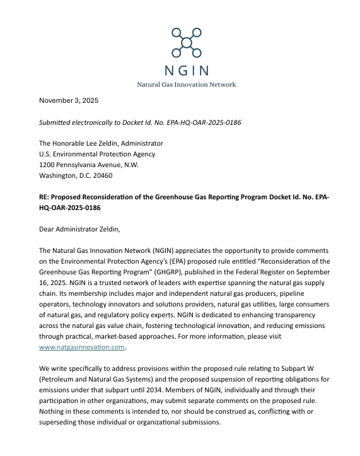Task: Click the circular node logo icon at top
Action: click(x=186, y=42)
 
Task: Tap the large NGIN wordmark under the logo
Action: click(x=186, y=70)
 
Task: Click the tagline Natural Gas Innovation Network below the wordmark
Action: click(x=186, y=85)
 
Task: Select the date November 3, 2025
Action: click(x=69, y=100)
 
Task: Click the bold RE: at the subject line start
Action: click(x=45, y=197)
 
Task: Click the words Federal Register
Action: click(x=248, y=272)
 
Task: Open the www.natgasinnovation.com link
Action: click(x=82, y=347)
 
